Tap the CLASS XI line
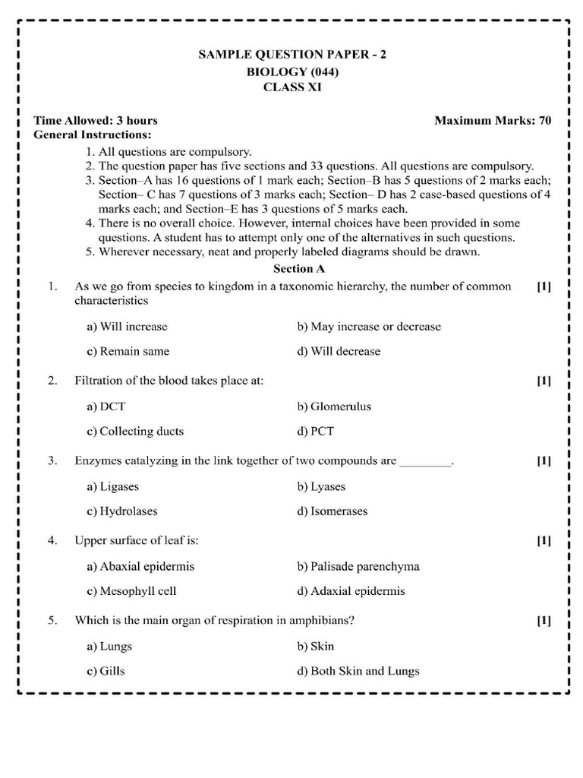coord(292,87)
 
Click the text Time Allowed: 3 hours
coord(96,121)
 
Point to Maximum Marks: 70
coord(493,121)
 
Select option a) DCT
coord(106,406)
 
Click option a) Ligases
coord(113,486)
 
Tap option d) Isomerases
coord(332,511)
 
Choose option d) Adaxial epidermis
coord(351,591)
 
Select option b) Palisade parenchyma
coord(358,567)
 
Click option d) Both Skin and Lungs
coord(358,671)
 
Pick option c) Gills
coord(106,671)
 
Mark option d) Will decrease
coord(339,352)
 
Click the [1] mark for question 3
coord(544,460)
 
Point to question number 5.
coord(52,621)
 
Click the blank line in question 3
coord(425,462)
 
